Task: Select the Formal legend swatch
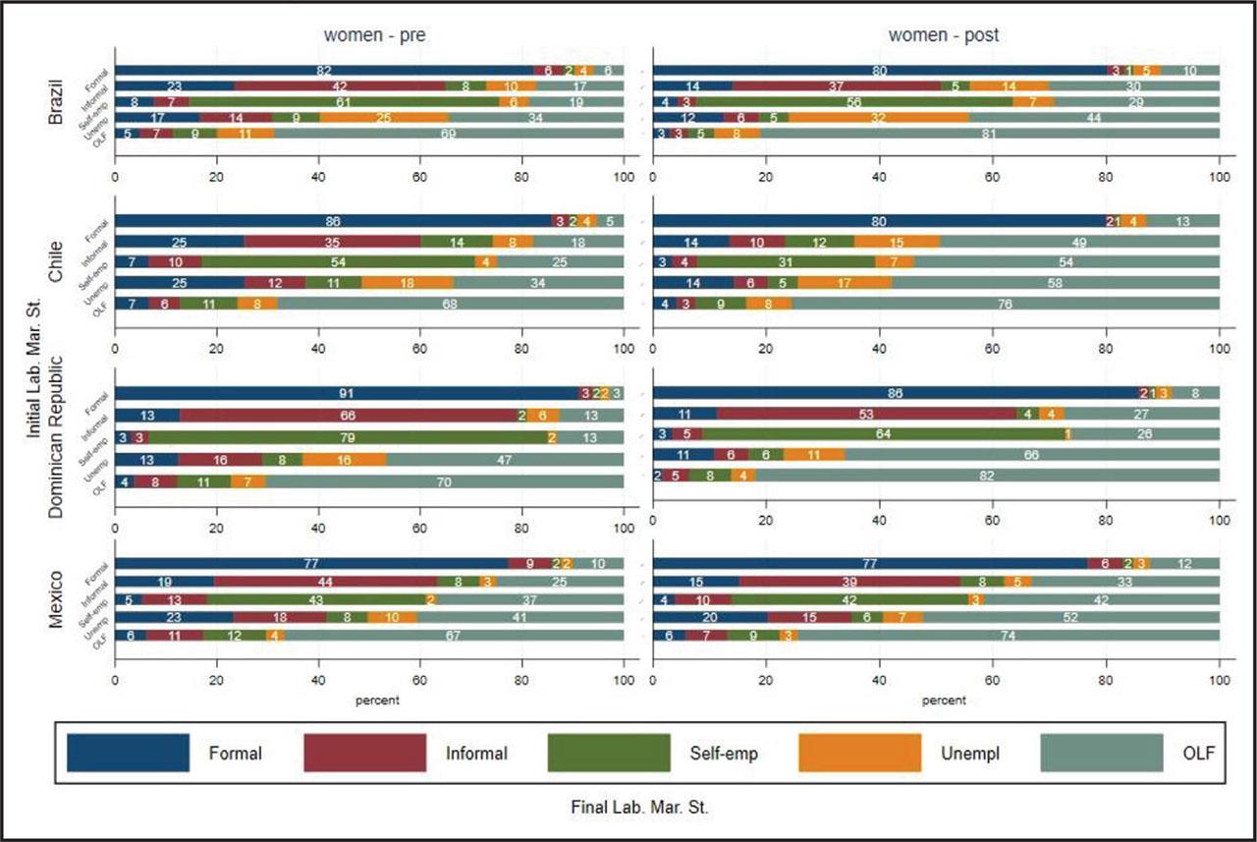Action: pos(128,754)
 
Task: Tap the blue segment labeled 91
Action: pos(347,393)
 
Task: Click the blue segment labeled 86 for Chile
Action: pos(334,222)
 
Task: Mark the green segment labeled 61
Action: pos(339,102)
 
